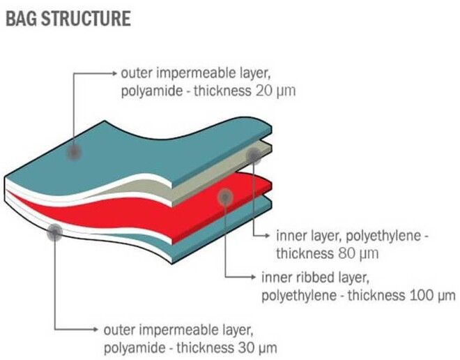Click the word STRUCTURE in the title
click(x=86, y=18)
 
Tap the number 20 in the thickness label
click(x=264, y=91)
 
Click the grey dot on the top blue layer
click(x=74, y=152)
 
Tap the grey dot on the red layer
click(x=225, y=197)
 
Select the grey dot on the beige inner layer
click(x=254, y=155)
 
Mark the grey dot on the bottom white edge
click(x=54, y=232)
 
